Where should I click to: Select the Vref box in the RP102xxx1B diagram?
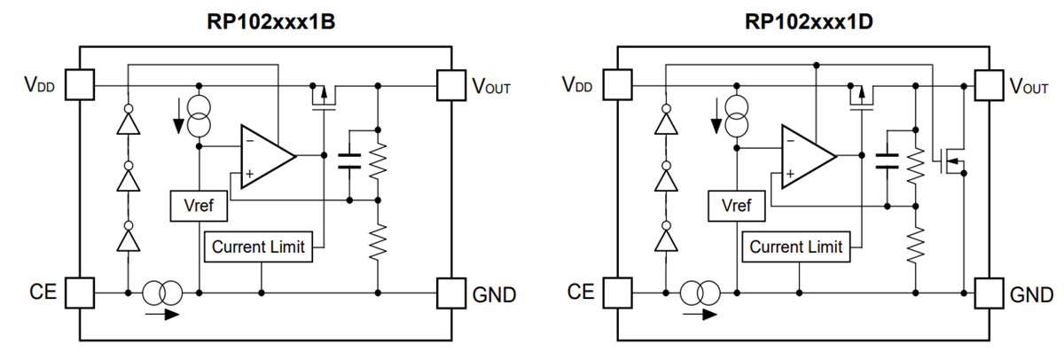(x=197, y=207)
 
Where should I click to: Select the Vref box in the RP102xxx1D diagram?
(x=736, y=207)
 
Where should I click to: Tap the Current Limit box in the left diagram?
(x=258, y=247)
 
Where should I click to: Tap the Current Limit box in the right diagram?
(x=795, y=247)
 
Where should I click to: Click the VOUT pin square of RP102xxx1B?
(x=450, y=85)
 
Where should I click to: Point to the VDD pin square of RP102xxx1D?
(x=618, y=85)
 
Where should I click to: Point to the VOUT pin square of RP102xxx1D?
(x=988, y=85)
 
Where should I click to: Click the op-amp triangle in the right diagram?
(x=804, y=155)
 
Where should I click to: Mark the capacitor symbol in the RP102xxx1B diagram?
(x=349, y=160)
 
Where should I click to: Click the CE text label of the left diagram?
(x=43, y=292)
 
